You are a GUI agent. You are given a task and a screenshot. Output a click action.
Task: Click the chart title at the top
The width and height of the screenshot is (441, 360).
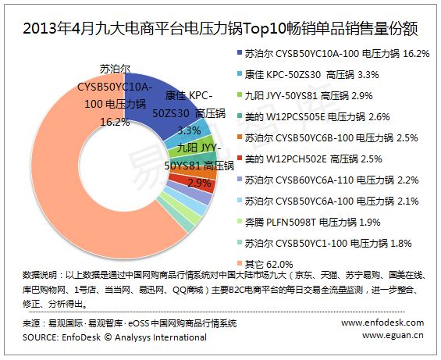point(220,29)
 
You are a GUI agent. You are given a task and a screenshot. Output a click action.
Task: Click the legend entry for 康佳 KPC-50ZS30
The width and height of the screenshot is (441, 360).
point(308,75)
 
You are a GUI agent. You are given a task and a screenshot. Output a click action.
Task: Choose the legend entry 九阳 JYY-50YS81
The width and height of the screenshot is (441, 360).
point(305,96)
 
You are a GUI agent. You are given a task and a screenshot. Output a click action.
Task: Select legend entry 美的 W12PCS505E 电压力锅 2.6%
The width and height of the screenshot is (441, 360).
point(313,117)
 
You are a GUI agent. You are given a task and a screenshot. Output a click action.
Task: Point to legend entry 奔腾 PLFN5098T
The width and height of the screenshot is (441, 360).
point(308,223)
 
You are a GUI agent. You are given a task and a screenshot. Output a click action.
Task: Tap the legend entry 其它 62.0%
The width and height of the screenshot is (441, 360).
point(265,265)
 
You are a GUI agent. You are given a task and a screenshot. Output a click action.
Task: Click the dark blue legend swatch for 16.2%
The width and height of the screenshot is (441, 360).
point(240,52)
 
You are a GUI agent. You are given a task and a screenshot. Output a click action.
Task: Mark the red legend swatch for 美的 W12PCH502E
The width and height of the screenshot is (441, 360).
point(240,158)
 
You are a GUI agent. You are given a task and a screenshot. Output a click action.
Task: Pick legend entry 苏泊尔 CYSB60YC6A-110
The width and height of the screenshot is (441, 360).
point(328,180)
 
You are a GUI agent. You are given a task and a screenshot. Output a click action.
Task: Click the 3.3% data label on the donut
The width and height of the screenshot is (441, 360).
point(190,130)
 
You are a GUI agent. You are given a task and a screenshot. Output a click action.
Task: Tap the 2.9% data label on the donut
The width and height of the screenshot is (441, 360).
point(199,184)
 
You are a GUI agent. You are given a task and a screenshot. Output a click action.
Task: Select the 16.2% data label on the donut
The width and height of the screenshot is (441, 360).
point(115,122)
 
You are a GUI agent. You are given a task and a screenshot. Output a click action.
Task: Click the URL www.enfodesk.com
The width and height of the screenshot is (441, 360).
point(382,323)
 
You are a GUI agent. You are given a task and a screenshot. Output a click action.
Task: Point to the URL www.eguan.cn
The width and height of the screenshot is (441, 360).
point(393,335)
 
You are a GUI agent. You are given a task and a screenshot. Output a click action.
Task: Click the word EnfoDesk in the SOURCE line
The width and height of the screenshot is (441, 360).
point(81,337)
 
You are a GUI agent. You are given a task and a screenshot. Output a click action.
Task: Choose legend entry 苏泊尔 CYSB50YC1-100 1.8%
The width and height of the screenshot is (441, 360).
point(324,244)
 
